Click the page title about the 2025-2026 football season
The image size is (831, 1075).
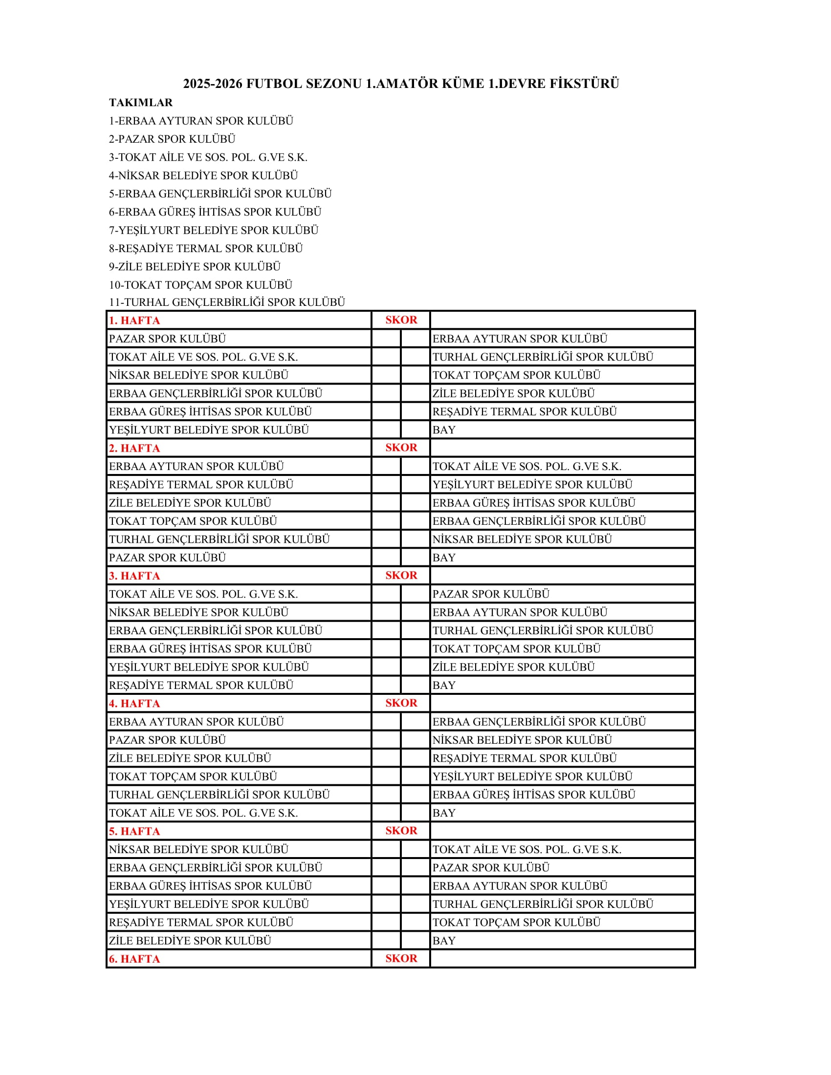click(x=401, y=84)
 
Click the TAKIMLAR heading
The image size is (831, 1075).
click(x=141, y=103)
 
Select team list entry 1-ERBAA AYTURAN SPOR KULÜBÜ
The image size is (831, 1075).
click(x=201, y=121)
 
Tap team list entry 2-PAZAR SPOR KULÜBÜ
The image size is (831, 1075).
click(x=172, y=139)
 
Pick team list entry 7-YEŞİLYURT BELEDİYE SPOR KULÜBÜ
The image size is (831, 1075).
click(x=214, y=230)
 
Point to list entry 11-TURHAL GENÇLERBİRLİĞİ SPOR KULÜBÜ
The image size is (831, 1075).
click(x=227, y=301)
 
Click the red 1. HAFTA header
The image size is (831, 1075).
click(x=134, y=321)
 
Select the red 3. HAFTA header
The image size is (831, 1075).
click(x=134, y=576)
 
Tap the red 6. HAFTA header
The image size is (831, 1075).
click(x=134, y=959)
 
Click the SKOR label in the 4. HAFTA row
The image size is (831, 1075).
click(x=401, y=703)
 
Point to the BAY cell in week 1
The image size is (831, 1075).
click(x=444, y=430)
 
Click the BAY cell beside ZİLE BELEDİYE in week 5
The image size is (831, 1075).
click(x=444, y=941)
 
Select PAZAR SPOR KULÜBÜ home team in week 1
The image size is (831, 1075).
click(x=167, y=339)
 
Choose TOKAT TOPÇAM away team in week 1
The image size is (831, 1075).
click(x=516, y=375)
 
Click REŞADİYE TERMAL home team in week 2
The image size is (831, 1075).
click(x=201, y=484)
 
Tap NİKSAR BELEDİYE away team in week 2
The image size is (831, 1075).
click(x=522, y=539)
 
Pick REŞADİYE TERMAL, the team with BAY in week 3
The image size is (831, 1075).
click(x=201, y=685)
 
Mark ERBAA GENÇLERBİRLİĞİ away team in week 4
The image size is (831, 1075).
click(x=539, y=722)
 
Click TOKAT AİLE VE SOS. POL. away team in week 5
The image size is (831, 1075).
click(x=527, y=849)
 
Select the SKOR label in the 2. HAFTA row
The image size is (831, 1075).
click(x=401, y=448)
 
